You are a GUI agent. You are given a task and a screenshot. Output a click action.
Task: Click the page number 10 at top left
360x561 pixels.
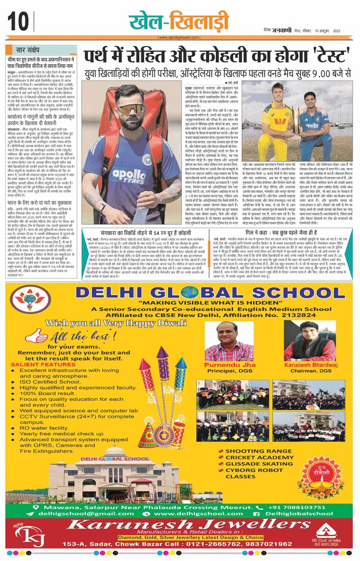coord(18,22)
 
